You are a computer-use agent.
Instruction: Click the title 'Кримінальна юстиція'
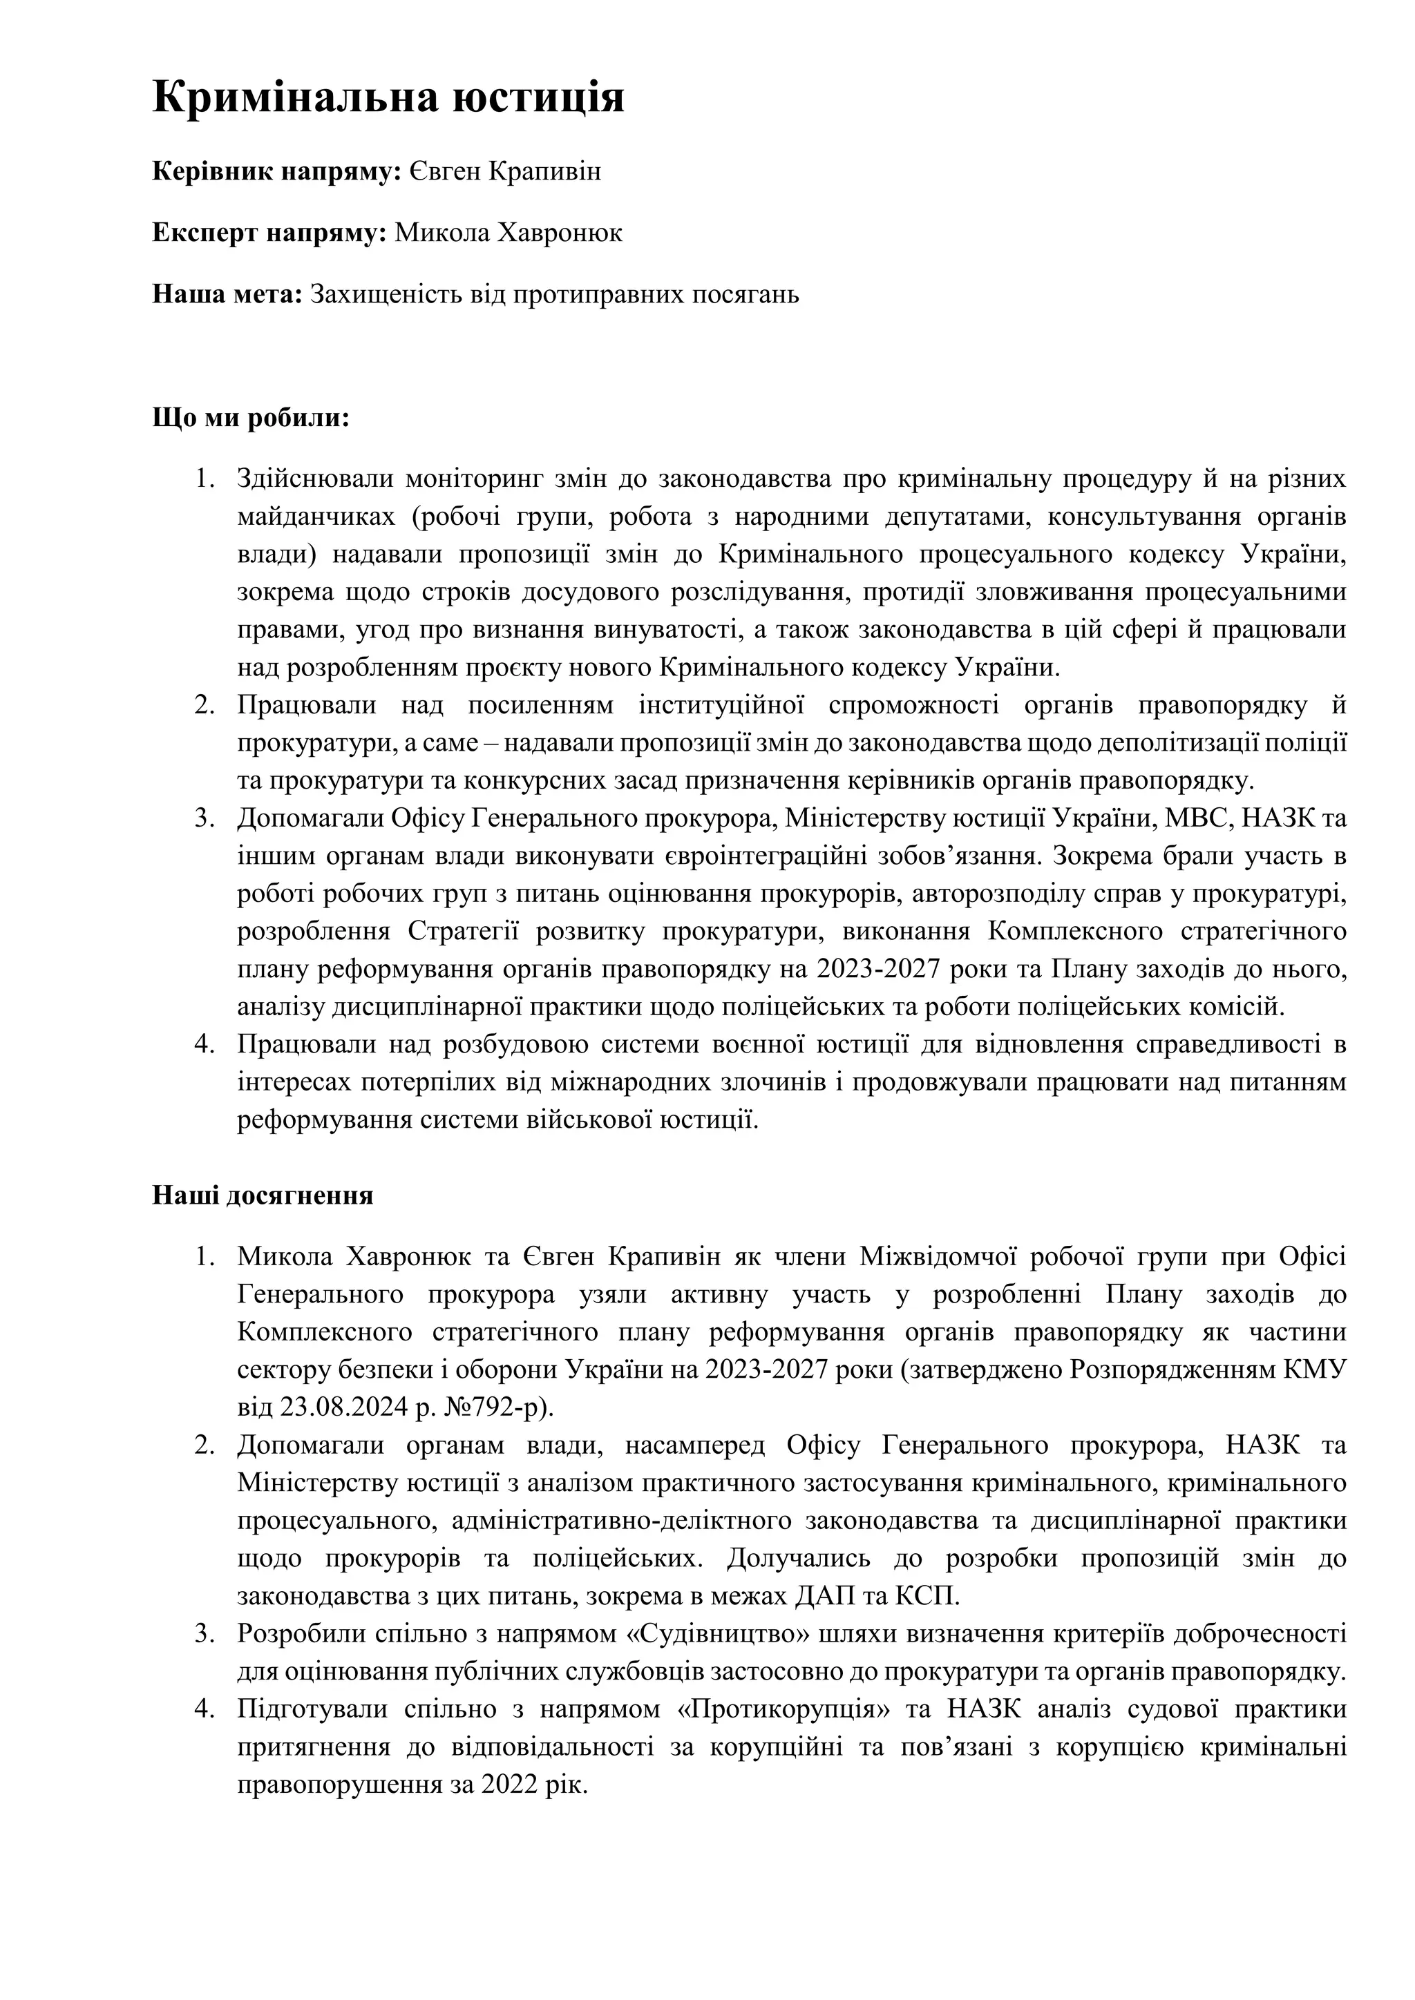(x=388, y=96)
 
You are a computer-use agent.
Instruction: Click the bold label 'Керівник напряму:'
(x=276, y=171)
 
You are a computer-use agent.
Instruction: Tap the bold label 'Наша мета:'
(x=227, y=294)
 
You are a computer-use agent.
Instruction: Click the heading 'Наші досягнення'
(x=263, y=1195)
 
